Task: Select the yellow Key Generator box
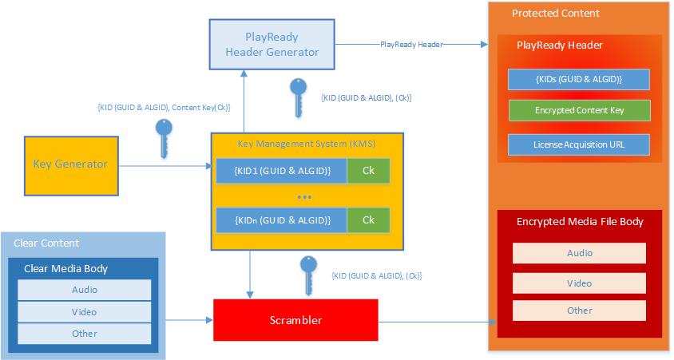70,164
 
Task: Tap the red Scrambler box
295,320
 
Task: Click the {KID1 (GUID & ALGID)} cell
281,171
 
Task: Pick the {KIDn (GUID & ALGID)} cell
281,220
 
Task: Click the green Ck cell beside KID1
368,171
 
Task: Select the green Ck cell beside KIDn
368,220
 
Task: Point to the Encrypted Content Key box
579,111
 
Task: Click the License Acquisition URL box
579,144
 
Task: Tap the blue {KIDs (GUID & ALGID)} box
579,79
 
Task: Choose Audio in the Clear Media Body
85,290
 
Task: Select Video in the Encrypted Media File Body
579,283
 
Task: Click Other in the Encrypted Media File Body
579,311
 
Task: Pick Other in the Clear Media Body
85,333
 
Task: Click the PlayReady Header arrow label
412,45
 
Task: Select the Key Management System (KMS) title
307,144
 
